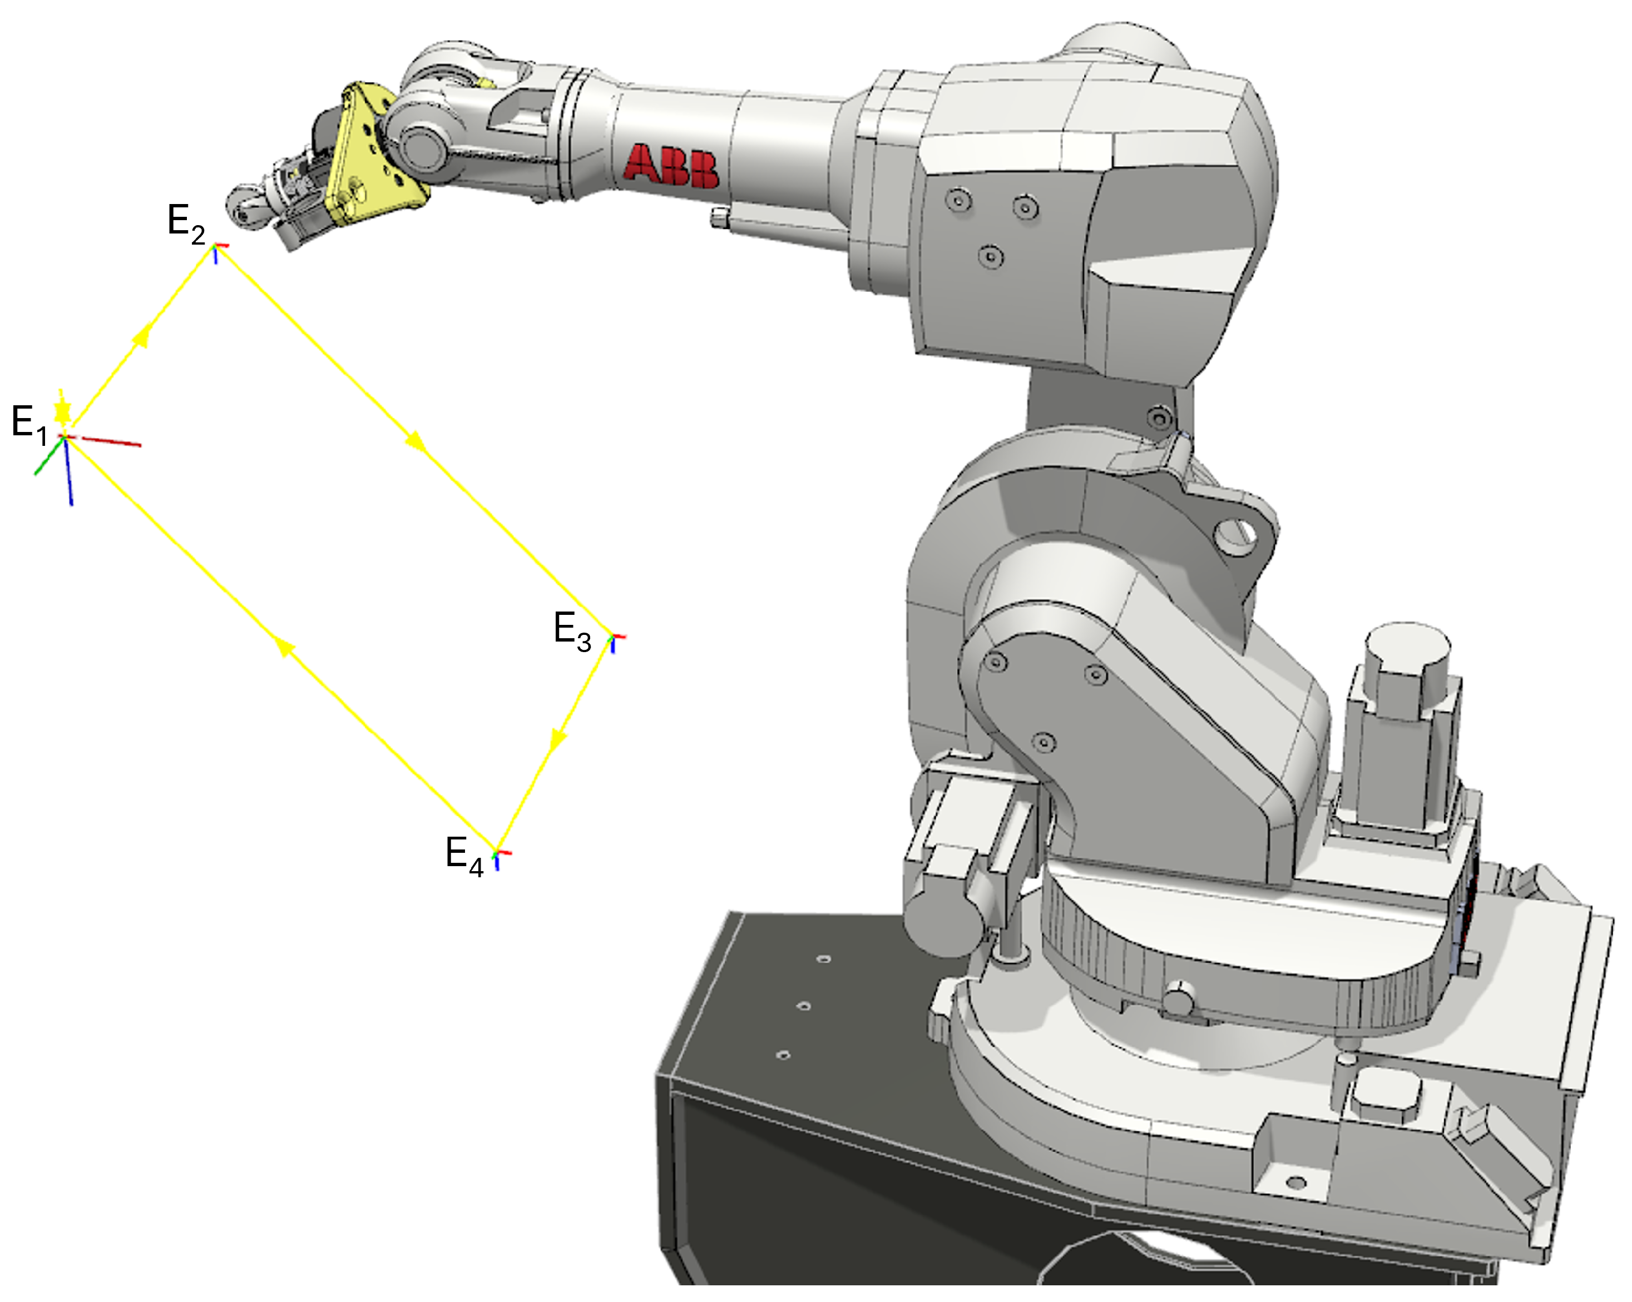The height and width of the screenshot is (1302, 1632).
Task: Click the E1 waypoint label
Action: coord(29,424)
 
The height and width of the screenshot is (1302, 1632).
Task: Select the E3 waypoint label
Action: coord(572,631)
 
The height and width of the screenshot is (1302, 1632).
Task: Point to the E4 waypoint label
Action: coord(464,856)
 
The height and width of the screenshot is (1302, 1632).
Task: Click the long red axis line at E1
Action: coord(110,441)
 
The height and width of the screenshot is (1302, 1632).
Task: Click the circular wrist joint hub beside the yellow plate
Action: coord(424,147)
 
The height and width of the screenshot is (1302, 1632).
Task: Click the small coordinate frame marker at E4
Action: coord(499,856)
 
